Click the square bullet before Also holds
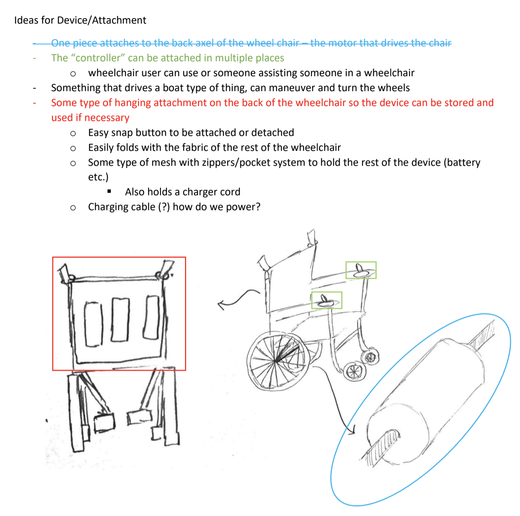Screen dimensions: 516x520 click(109, 192)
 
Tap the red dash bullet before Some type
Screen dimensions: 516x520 click(35, 103)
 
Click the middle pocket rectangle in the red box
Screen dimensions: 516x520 click(120, 319)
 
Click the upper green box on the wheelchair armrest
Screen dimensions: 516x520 click(361, 270)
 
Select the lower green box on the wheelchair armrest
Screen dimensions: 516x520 click(326, 300)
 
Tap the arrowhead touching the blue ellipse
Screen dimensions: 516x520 click(351, 430)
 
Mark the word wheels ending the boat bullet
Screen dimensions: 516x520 click(394, 88)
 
